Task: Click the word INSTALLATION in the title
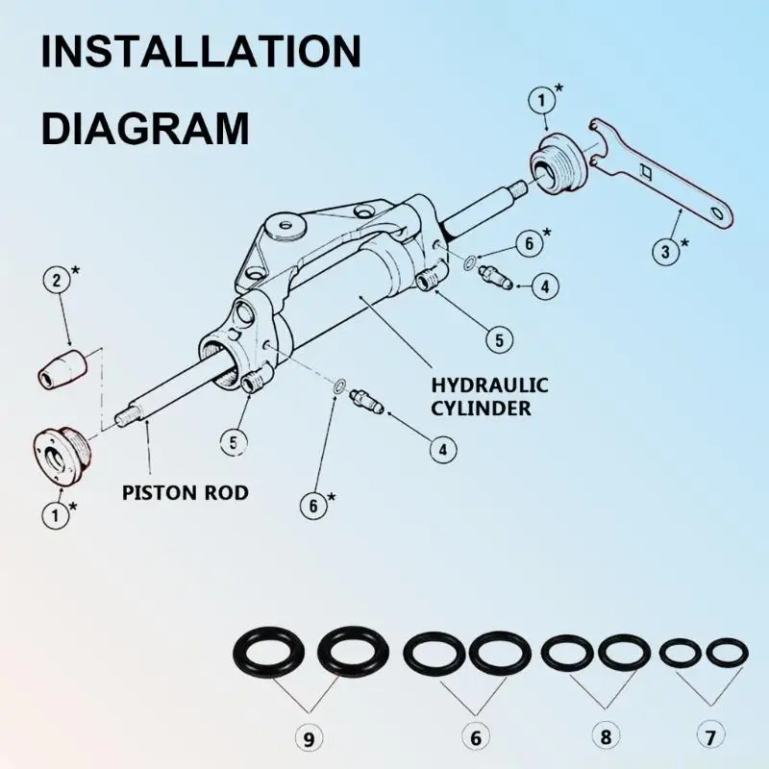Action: pyautogui.click(x=201, y=52)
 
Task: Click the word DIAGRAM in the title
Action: pyautogui.click(x=144, y=127)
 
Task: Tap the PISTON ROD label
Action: pyautogui.click(x=186, y=493)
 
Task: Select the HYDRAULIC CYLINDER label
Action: pyautogui.click(x=489, y=396)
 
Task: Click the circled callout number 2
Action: pyautogui.click(x=57, y=282)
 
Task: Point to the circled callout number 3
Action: pyautogui.click(x=666, y=253)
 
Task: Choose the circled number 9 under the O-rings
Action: pyautogui.click(x=309, y=738)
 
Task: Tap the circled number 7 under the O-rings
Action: pyautogui.click(x=709, y=738)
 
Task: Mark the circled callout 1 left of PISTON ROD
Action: pyautogui.click(x=56, y=514)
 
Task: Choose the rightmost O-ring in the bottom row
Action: pyautogui.click(x=727, y=654)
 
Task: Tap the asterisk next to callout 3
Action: pyautogui.click(x=685, y=243)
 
